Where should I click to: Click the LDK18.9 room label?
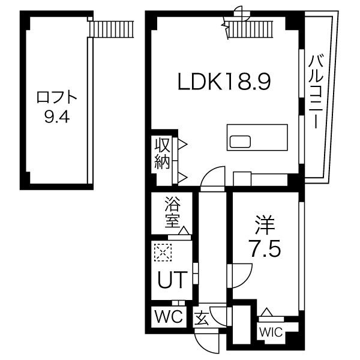[x=224, y=82]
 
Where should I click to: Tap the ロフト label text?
[x=57, y=98]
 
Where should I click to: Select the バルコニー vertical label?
[x=316, y=91]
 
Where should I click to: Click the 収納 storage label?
[x=162, y=154]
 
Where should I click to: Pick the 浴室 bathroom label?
[x=172, y=212]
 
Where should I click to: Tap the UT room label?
[x=173, y=280]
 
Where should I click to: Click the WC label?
[x=169, y=317]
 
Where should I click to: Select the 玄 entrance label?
[x=202, y=318]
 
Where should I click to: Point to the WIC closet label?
[x=271, y=332]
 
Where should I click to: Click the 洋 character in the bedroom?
[x=265, y=225]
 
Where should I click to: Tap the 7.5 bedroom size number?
[x=265, y=248]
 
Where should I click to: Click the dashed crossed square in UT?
[x=163, y=253]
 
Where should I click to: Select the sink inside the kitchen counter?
[x=240, y=142]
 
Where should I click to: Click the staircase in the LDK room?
[x=250, y=29]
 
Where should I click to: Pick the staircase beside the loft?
[x=112, y=29]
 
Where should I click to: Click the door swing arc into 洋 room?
[x=242, y=275]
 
